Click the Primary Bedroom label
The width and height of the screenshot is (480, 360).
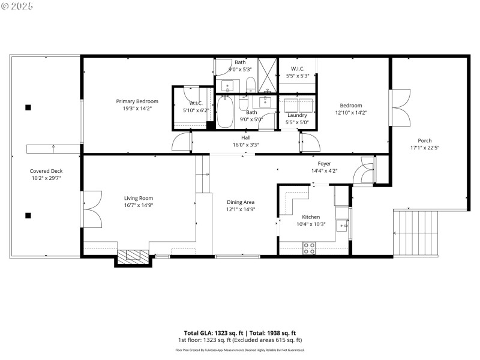137,101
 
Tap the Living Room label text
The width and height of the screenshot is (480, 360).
139,198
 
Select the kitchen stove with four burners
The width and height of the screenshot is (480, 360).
310,248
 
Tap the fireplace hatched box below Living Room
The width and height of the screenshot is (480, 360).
131,258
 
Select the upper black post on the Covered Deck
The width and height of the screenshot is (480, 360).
28,108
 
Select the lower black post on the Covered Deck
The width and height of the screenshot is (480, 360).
28,215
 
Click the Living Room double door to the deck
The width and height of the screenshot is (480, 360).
90,207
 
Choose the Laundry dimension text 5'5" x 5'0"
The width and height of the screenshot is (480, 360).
297,122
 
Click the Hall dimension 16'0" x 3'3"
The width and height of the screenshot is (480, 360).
246,145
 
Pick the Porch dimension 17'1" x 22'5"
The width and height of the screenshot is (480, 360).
425,148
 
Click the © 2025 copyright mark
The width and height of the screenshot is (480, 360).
17,5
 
